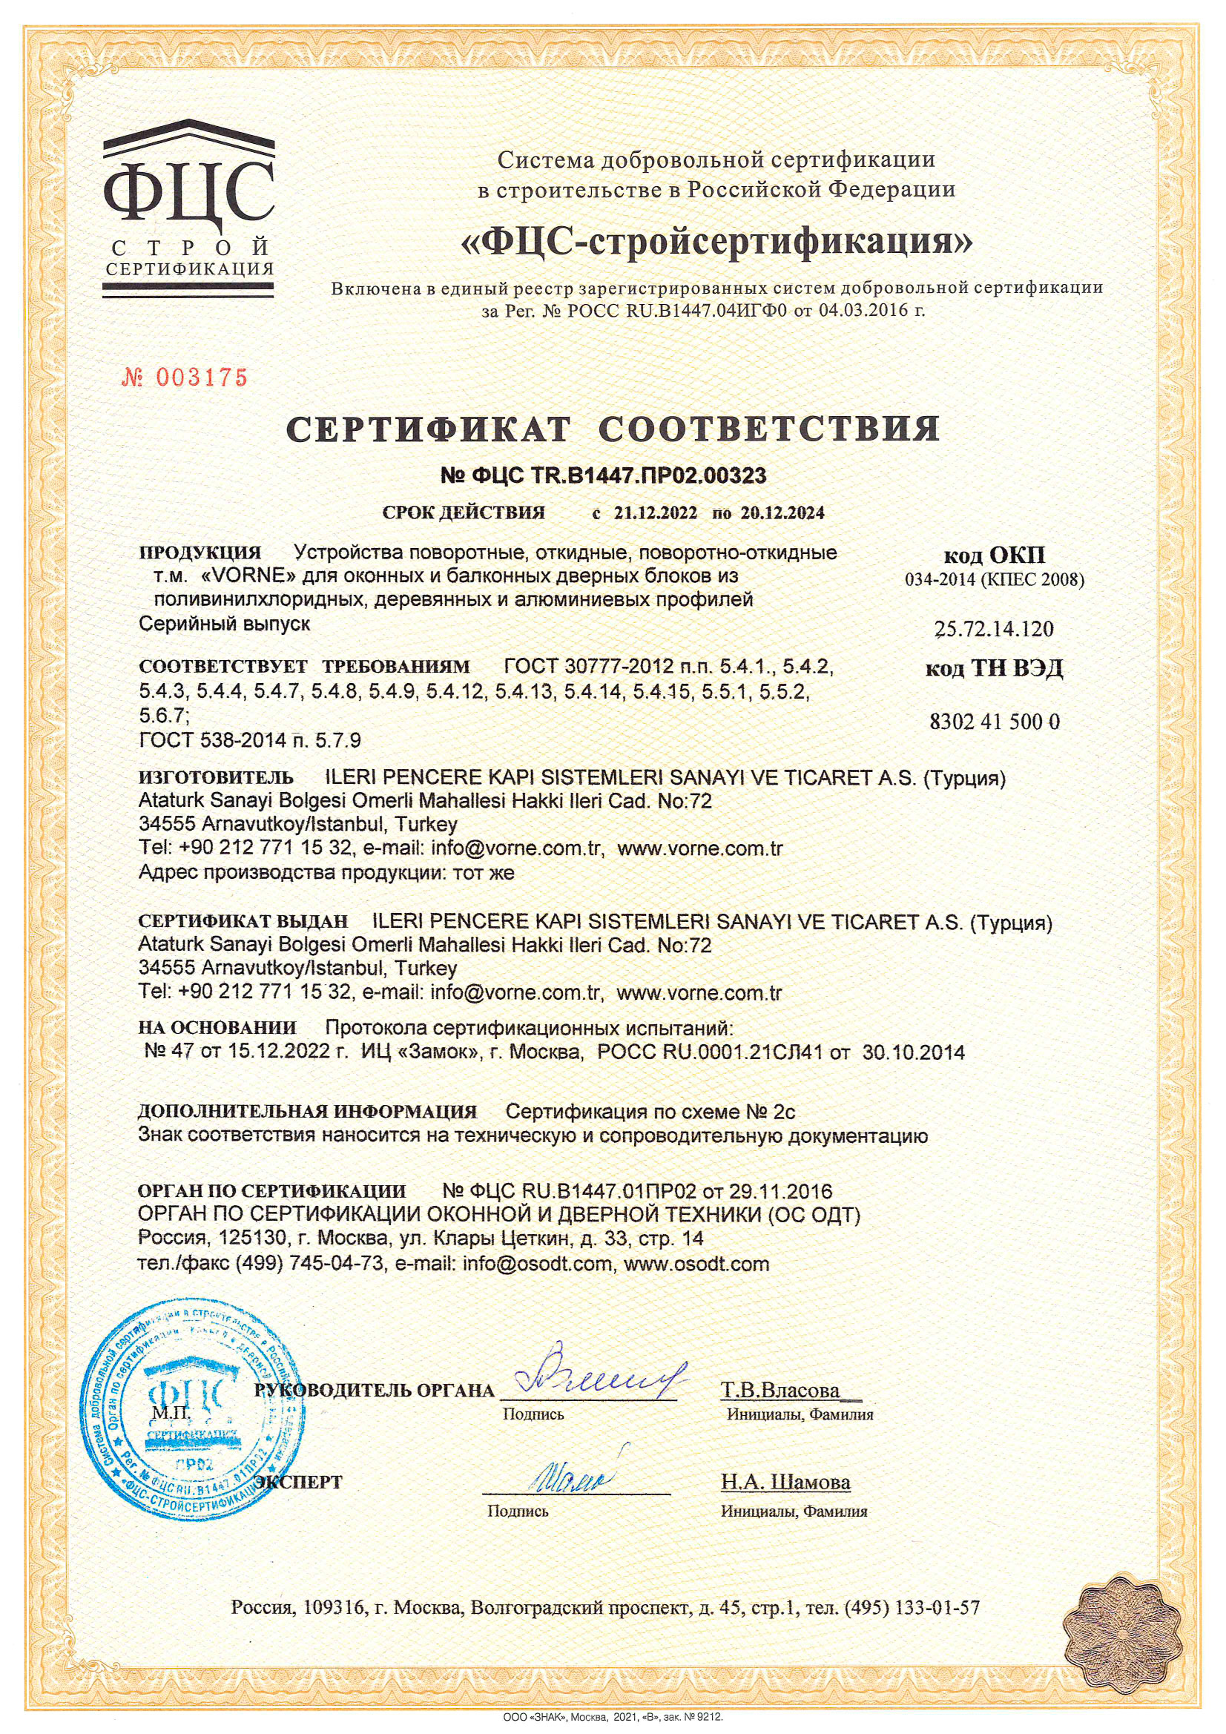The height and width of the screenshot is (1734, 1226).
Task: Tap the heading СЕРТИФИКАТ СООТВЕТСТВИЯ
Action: (x=613, y=429)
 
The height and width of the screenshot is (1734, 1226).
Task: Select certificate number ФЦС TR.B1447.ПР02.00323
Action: (x=604, y=476)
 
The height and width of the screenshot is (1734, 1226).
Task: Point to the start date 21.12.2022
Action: (x=655, y=513)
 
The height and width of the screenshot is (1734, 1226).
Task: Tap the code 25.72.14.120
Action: (x=994, y=628)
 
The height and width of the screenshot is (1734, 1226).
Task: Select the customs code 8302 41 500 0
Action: (x=994, y=722)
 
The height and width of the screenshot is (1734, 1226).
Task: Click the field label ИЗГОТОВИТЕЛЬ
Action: (x=216, y=777)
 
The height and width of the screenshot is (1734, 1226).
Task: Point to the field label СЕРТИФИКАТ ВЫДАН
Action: (x=243, y=922)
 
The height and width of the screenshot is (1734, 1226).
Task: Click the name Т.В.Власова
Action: (x=780, y=1391)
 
